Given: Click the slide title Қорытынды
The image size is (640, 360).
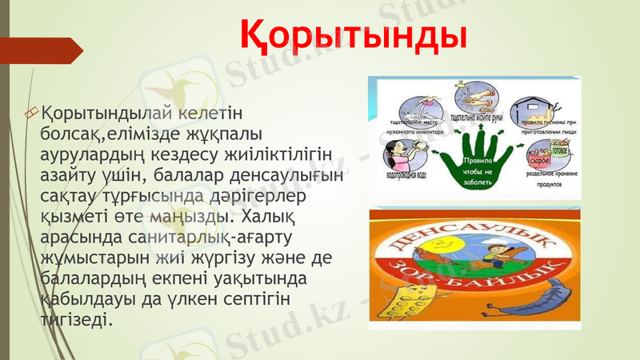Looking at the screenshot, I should (353, 34).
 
